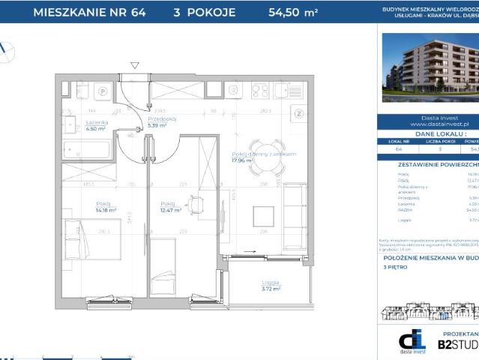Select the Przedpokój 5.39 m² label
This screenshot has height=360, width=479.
[161, 122]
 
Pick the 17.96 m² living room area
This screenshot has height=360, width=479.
[244, 159]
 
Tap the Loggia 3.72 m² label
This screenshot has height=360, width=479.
[271, 286]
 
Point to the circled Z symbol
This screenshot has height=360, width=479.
[298, 114]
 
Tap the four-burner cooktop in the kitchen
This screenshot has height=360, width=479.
[261, 89]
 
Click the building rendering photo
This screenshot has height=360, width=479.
[430, 67]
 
